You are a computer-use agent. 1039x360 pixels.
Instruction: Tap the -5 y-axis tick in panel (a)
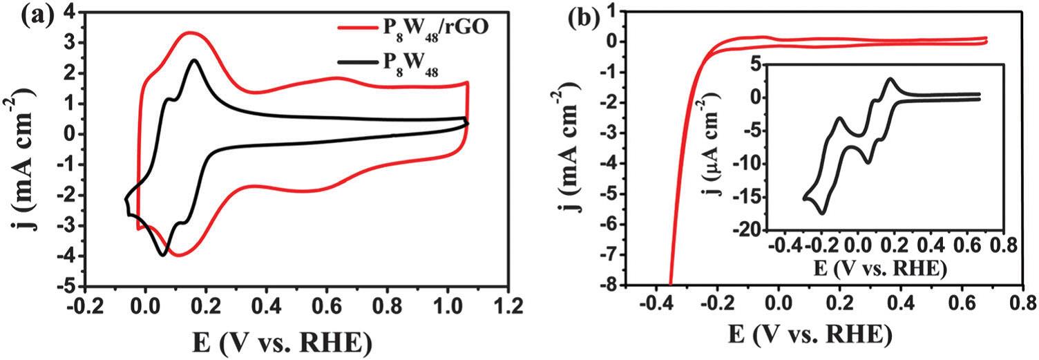coord(71,286)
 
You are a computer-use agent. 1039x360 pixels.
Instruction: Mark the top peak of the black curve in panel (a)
coord(194,60)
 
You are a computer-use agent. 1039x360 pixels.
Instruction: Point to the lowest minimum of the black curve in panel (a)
coord(164,255)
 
